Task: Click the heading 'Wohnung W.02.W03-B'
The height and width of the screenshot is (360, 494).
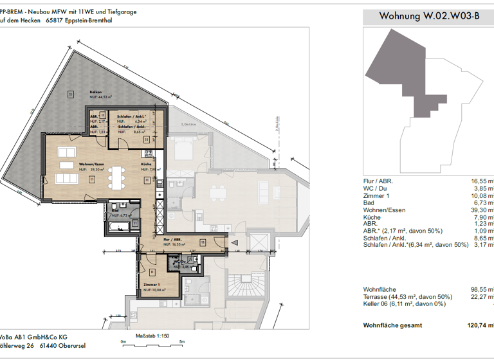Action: click(429, 16)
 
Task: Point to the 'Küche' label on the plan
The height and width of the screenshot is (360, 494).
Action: click(147, 165)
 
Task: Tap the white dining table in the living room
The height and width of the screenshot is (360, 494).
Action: click(116, 174)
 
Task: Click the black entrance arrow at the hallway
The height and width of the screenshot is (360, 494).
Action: click(233, 242)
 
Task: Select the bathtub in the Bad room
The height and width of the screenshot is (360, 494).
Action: click(119, 226)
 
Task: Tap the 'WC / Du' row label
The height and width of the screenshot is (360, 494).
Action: click(378, 188)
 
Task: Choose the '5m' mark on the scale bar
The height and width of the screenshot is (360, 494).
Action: click(182, 341)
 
